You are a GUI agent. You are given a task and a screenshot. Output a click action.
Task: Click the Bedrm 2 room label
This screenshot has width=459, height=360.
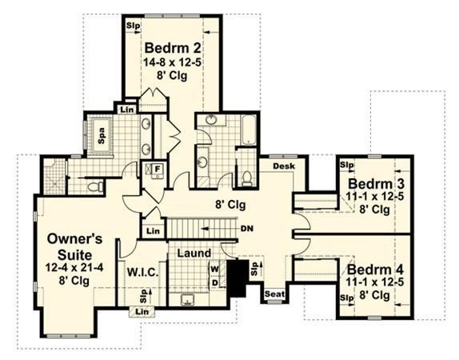click(x=173, y=48)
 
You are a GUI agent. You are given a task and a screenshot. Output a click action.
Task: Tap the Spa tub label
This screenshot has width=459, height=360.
click(x=102, y=136)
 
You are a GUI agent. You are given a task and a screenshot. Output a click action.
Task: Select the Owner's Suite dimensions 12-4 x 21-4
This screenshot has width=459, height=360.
click(x=74, y=267)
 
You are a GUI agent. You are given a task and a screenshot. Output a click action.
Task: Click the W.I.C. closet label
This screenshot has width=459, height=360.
click(x=142, y=273)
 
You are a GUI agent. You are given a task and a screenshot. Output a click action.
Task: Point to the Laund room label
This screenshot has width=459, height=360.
click(x=194, y=253)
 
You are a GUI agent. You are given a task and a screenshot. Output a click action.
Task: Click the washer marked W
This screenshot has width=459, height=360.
click(x=214, y=269)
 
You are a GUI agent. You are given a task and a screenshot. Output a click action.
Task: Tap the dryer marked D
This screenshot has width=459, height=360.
click(x=215, y=282)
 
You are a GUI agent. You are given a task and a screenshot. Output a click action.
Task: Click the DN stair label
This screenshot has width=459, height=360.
click(x=247, y=229)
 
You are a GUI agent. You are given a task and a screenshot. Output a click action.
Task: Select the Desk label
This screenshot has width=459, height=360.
click(x=284, y=166)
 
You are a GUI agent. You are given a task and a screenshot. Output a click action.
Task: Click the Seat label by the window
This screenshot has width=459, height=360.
click(x=274, y=294)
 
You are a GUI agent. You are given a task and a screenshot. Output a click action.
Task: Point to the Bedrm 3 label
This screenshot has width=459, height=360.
click(x=376, y=184)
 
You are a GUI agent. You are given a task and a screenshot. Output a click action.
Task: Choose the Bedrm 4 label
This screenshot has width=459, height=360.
click(x=376, y=269)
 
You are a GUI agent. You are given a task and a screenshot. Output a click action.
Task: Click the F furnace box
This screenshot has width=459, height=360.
click(x=158, y=169)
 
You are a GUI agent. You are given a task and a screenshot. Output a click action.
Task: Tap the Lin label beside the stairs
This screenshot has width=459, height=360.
click(x=154, y=231)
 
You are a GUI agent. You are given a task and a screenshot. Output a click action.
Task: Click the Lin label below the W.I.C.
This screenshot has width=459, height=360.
click(x=142, y=312)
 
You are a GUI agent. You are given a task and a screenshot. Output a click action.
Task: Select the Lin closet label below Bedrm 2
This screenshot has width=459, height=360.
click(x=127, y=110)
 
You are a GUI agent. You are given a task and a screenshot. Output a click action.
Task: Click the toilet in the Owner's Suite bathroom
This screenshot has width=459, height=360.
click(x=96, y=186)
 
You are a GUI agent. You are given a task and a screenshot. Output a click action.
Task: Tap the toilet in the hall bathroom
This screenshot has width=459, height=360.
click(x=247, y=178)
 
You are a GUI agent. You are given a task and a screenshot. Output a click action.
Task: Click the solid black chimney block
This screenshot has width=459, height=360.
click(x=237, y=278)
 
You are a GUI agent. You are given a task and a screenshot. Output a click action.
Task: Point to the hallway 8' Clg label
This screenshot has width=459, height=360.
click(x=230, y=205)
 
